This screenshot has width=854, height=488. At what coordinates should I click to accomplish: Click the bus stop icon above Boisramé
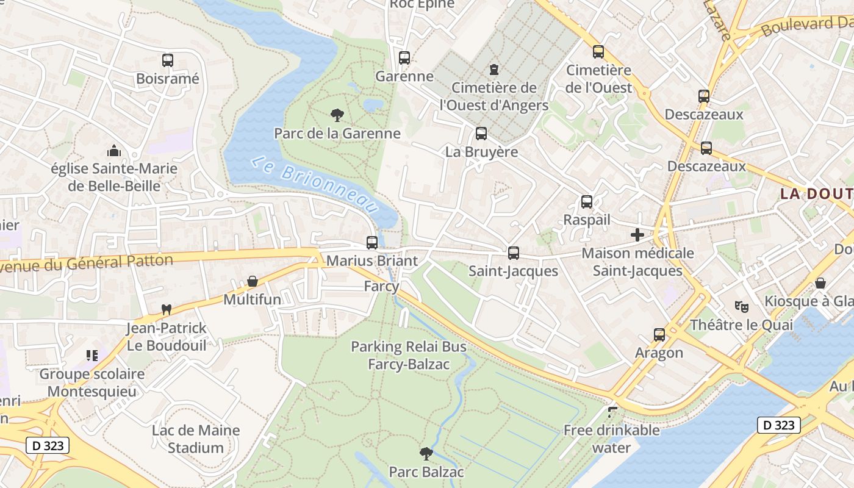click(x=168, y=60)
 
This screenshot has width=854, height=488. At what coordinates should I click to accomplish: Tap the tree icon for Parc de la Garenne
click(x=336, y=115)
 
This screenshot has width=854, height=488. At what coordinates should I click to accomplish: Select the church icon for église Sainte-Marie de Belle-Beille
click(x=113, y=151)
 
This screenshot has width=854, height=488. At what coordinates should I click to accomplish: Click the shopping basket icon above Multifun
click(x=252, y=282)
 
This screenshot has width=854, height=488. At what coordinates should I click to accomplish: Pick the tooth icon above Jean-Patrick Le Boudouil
click(x=165, y=310)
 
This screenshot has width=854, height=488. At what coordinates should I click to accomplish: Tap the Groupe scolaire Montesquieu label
click(x=92, y=382)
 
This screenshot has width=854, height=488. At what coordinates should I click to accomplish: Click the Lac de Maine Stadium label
click(x=195, y=439)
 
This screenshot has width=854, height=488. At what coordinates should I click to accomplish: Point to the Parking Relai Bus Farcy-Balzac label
click(x=409, y=356)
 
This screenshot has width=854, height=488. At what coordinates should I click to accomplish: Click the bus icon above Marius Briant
click(x=372, y=243)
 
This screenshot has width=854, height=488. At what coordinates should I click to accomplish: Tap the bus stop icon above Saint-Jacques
click(x=514, y=253)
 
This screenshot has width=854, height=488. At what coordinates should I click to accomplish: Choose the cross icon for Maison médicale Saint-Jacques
click(x=637, y=235)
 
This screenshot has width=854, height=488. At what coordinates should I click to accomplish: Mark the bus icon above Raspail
click(x=587, y=202)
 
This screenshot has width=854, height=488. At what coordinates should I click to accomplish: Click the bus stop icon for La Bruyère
click(x=481, y=134)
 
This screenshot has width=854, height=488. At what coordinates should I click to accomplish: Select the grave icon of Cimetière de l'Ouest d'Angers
click(x=494, y=70)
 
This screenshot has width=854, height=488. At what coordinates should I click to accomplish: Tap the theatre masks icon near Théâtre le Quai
click(x=741, y=306)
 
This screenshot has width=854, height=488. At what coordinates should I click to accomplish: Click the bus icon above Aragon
click(x=659, y=335)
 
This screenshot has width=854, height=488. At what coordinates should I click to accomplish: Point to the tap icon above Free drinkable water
click(x=612, y=412)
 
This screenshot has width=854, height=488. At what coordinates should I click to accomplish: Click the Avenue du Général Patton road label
click(x=85, y=264)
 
